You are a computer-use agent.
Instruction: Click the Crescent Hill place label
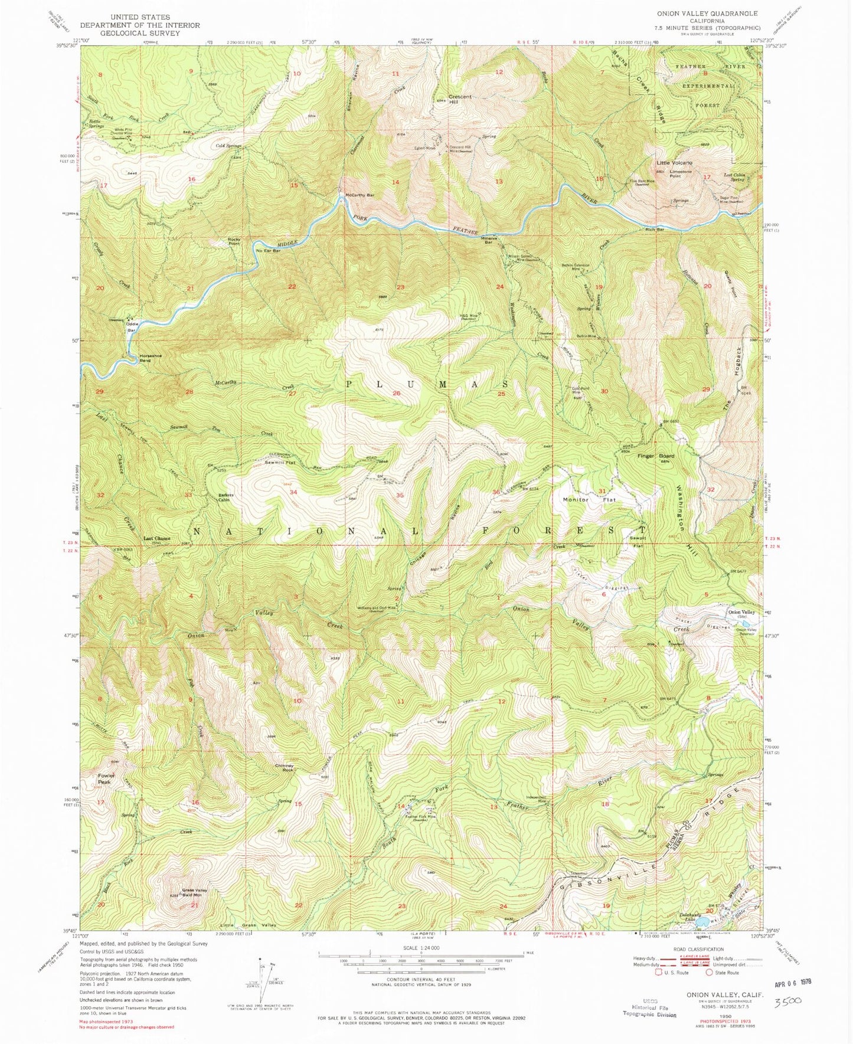(460, 99)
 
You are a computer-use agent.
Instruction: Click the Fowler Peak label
(106, 778)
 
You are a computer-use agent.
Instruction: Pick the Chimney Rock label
(284, 768)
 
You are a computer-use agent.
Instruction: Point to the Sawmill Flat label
(280, 463)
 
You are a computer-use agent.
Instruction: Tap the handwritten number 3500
(787, 1001)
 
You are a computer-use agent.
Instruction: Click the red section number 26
(396, 393)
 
